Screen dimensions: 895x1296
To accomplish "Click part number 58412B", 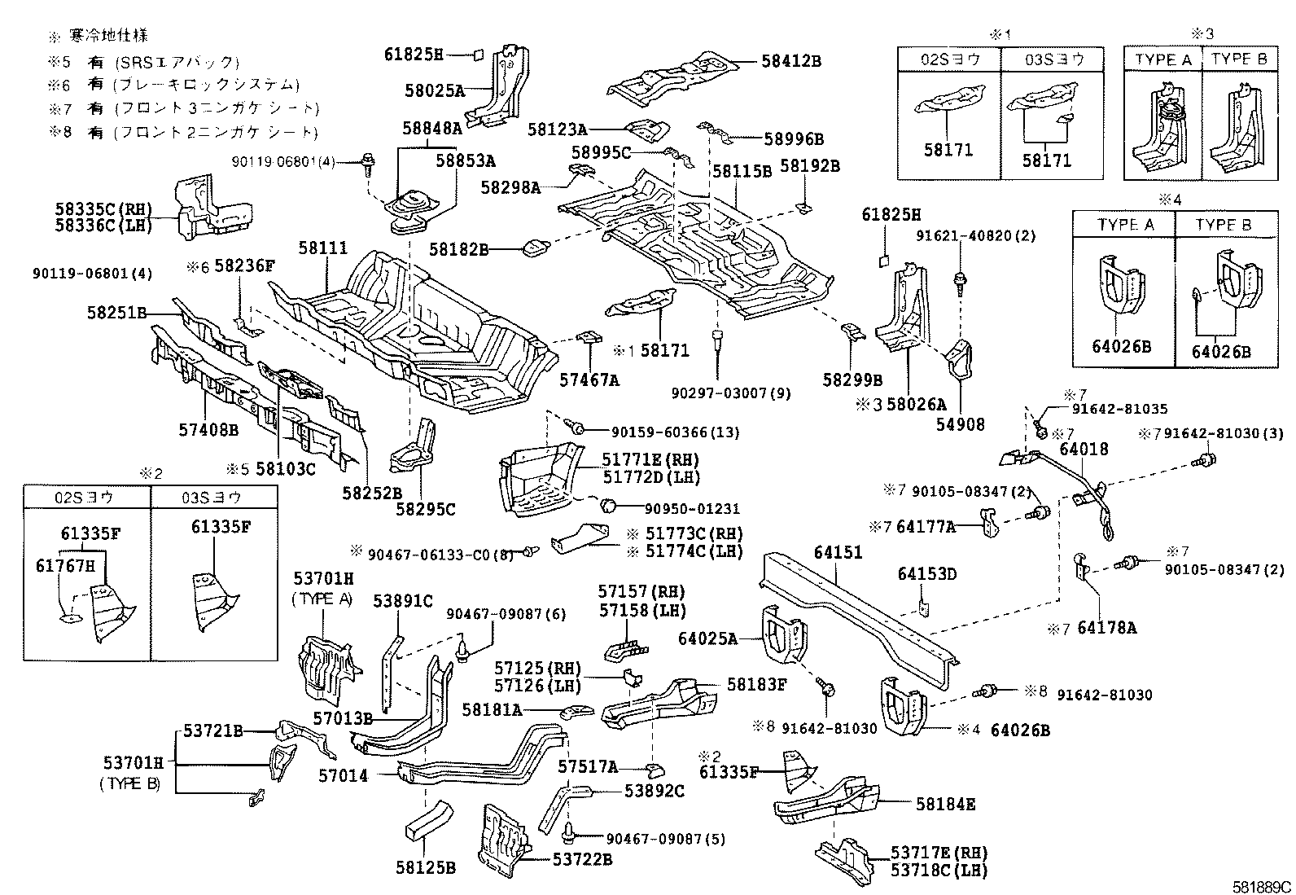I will (791, 60).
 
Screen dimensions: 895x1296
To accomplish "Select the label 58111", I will (322, 248).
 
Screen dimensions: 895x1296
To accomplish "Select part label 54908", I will (960, 423).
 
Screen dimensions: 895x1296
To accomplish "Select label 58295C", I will (426, 510).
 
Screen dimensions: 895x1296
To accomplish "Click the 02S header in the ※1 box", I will (949, 59).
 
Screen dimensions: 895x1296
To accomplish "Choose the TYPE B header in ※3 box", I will (1239, 59).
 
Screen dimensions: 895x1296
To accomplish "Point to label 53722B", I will (582, 858).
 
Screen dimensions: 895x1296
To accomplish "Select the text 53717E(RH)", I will (939, 853).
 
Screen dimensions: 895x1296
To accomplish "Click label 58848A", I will (431, 128).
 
